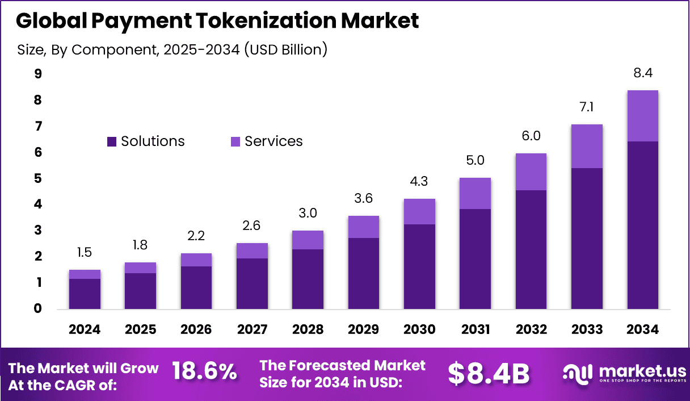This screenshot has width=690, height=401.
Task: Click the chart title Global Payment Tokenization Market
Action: coord(217,20)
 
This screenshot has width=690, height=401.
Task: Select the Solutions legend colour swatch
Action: coord(112,141)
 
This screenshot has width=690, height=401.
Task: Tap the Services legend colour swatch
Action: coord(235,141)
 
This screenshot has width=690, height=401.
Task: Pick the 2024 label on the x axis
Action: coord(85,329)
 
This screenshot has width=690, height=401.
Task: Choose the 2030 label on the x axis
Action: coord(419,329)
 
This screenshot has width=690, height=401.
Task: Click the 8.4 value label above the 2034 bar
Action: coord(642,73)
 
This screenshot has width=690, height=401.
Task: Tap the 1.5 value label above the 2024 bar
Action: coord(85,252)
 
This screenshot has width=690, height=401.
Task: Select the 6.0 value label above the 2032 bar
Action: coord(531,136)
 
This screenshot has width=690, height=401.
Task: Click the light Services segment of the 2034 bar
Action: coord(642,116)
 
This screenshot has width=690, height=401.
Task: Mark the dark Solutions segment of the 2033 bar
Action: coord(587,239)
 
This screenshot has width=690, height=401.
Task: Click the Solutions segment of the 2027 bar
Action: coord(252,284)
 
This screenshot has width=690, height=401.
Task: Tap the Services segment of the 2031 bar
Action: coord(475,193)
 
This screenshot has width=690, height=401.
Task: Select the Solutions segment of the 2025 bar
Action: coord(140,291)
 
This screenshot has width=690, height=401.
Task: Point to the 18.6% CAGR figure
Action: coord(204,372)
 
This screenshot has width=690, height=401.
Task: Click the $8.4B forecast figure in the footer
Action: coord(488,373)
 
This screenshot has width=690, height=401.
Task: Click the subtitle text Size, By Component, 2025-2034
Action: coord(172,49)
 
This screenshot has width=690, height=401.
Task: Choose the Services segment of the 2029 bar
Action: coord(363,227)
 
